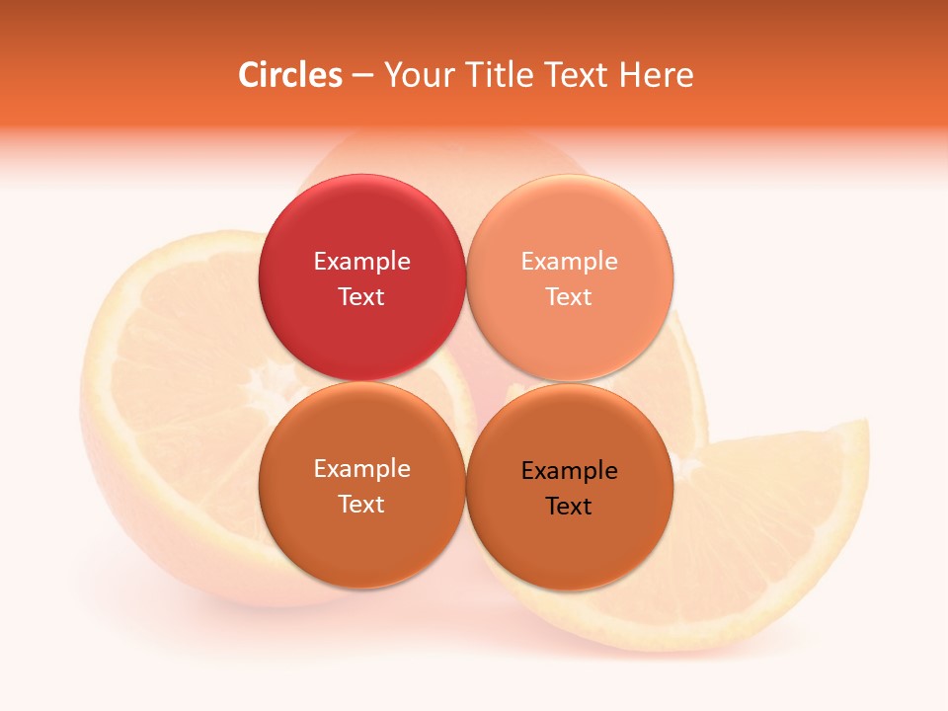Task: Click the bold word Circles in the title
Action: click(x=290, y=75)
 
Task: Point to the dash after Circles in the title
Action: click(x=362, y=76)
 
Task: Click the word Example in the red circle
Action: click(x=361, y=261)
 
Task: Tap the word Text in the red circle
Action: click(x=361, y=296)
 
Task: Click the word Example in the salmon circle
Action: click(x=569, y=261)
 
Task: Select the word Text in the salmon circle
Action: click(x=569, y=296)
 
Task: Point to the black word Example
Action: click(x=569, y=470)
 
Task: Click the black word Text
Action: click(x=569, y=506)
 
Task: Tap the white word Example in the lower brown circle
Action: click(x=361, y=468)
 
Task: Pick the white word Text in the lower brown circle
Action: click(x=361, y=504)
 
